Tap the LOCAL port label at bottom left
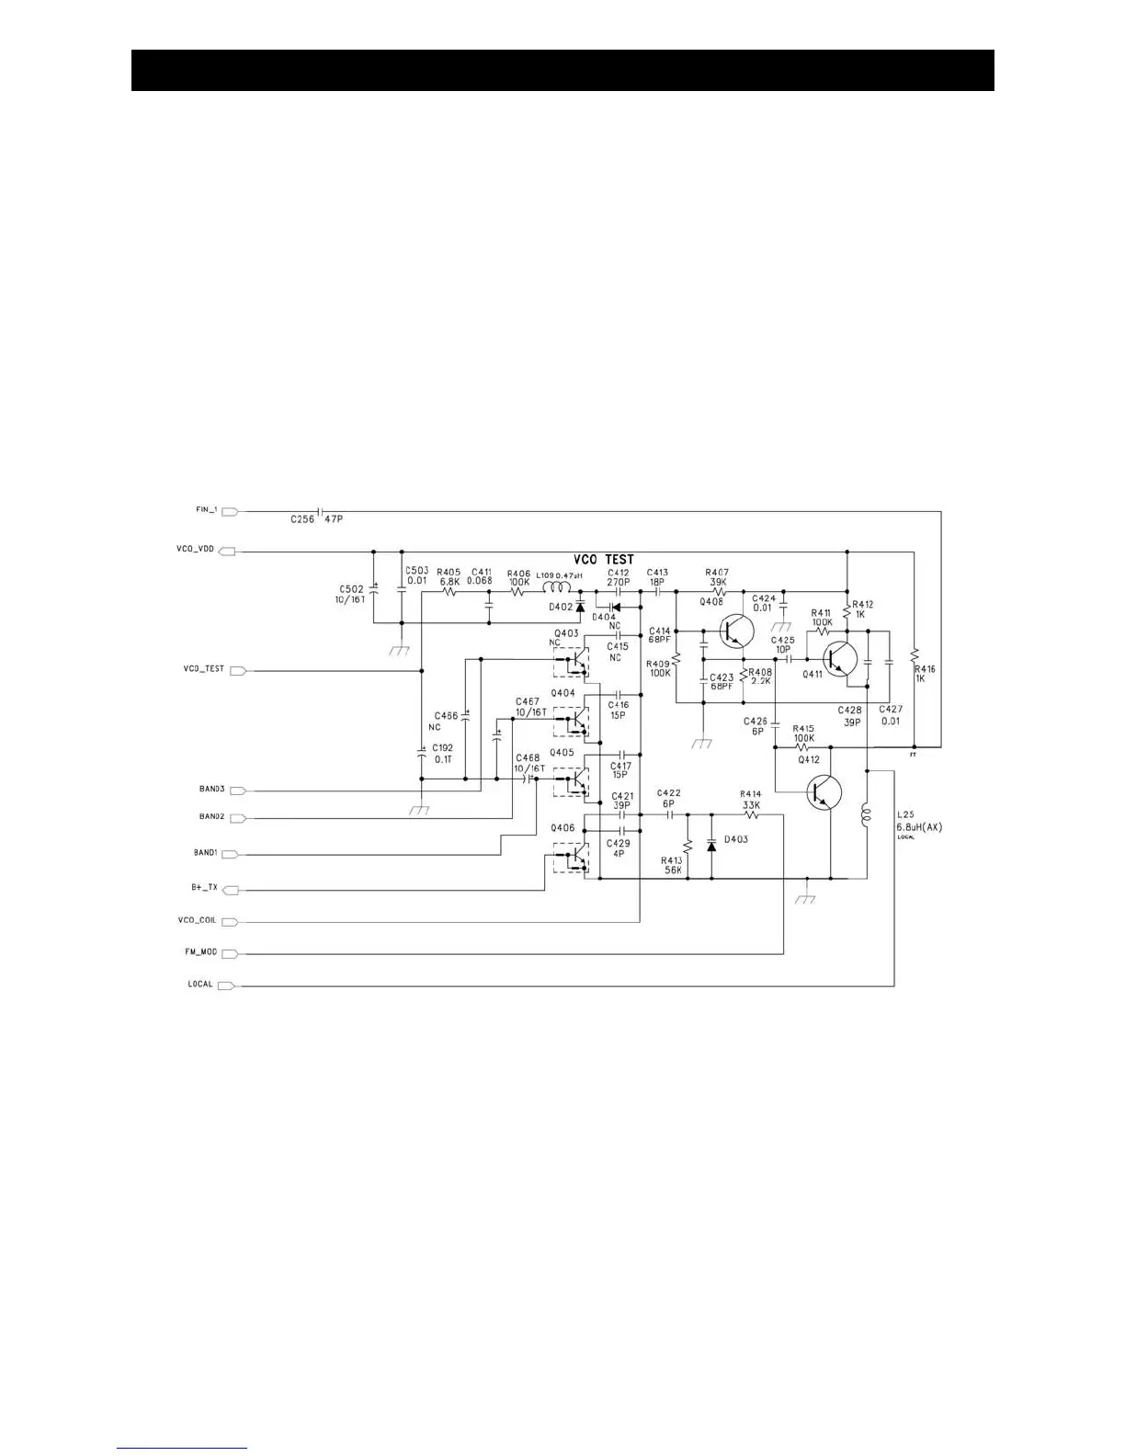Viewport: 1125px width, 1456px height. point(200,984)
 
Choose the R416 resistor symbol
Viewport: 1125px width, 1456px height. point(915,656)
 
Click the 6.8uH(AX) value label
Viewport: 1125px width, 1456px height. point(919,827)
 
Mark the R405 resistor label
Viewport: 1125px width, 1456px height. point(449,571)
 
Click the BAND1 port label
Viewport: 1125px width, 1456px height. point(205,853)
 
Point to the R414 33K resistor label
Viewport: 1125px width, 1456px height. point(750,800)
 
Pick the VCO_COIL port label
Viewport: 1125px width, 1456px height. point(197,920)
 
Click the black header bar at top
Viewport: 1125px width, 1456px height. point(562,71)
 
